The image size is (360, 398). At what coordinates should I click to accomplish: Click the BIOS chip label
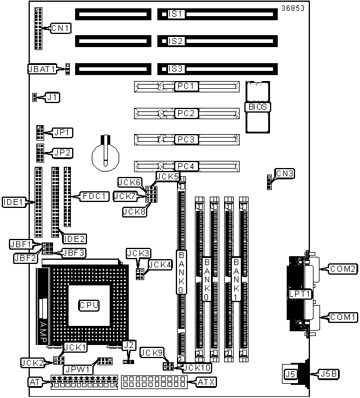pos(258,107)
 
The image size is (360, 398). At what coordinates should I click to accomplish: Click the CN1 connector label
pos(61,27)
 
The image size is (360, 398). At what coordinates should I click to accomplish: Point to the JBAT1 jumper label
pos(42,69)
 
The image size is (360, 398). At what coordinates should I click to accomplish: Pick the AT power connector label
pos(35,381)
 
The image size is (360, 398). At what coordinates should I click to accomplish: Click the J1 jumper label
pos(53,96)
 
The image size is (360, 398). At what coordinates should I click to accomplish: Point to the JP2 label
pos(62,153)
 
